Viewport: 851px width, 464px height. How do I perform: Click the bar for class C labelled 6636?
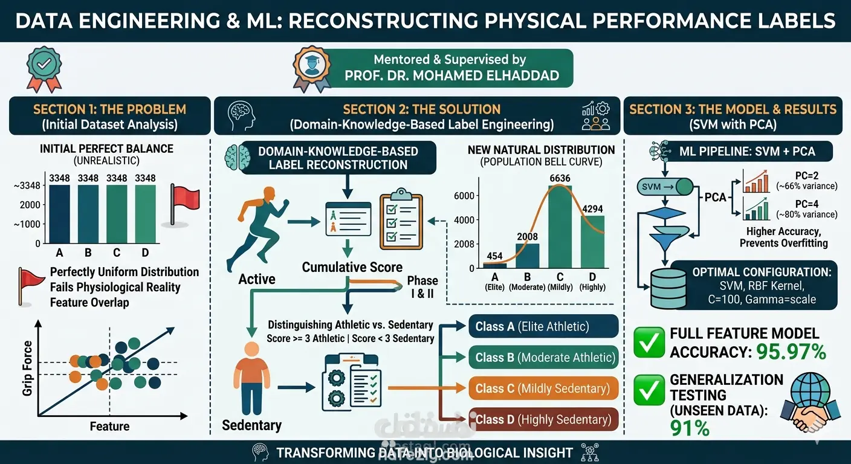(x=560, y=227)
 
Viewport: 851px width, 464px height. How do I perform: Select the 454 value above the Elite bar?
(x=494, y=256)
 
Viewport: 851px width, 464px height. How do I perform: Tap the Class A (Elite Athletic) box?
(x=543, y=326)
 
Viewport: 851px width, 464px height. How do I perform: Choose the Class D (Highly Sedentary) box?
(x=543, y=419)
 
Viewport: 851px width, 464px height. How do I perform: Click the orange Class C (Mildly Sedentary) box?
(x=543, y=388)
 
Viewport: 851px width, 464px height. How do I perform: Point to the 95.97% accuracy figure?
(x=791, y=352)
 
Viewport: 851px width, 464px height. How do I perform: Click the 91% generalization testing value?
(x=690, y=428)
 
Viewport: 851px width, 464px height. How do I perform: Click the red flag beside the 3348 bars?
(x=184, y=204)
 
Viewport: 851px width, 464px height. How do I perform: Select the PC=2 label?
(x=807, y=176)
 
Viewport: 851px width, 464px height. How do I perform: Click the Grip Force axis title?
(x=27, y=369)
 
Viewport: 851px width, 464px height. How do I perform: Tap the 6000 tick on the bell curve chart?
(x=464, y=196)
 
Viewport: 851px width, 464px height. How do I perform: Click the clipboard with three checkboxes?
(x=401, y=219)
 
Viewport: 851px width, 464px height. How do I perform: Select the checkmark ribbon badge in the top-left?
(x=44, y=69)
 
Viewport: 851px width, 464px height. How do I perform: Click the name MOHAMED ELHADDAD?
(x=486, y=76)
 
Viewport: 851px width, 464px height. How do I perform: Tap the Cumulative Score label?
(x=352, y=267)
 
